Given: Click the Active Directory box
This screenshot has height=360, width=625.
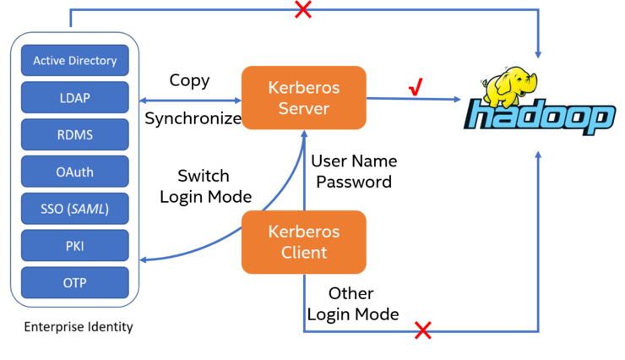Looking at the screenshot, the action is pos(75,60).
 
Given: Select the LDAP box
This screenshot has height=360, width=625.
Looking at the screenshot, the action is pos(75,97).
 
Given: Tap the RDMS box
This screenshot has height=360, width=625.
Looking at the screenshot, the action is pos(75,134).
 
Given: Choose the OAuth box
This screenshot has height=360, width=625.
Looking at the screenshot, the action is pos(75,172).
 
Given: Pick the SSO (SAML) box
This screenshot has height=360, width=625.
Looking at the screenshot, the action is pos(75,209).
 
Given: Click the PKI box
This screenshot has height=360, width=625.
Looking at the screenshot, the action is pos(75,246).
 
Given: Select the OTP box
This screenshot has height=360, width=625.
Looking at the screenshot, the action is pos(75,282).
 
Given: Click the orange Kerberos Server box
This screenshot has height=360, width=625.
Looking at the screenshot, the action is pos(304,98).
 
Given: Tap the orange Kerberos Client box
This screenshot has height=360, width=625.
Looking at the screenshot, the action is pos(304,242).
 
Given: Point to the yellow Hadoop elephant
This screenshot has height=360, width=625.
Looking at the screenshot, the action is pos(509,86).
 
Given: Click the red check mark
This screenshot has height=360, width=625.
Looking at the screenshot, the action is pos(416,86).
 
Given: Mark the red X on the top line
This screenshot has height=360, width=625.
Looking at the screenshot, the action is pos(303,9).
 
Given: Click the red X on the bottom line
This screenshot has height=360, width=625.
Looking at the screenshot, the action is pos(423,330).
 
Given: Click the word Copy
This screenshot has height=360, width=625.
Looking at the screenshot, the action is pos(189,81).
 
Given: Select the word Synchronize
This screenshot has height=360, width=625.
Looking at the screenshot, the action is pos(193,118).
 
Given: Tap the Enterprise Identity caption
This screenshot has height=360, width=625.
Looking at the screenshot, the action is pos(79,327).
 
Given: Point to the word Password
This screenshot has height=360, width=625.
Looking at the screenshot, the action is pos(354,182).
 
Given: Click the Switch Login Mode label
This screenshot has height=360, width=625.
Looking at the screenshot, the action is pos(206,186).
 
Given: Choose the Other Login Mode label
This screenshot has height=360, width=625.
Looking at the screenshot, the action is pos(353,303).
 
